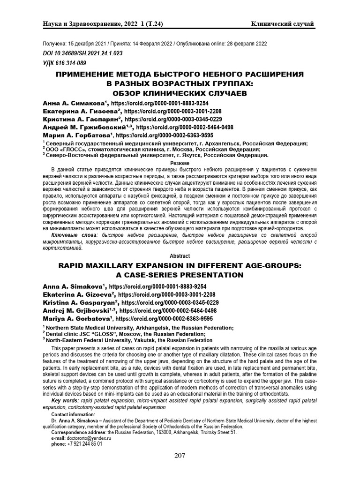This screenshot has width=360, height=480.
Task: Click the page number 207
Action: pos(180,455)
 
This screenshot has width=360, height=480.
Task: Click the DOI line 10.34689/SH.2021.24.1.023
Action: pos(82,53)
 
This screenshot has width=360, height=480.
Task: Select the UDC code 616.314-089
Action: pos(64,63)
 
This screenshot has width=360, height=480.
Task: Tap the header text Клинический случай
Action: pos(283,24)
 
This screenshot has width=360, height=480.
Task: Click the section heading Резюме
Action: pos(180,162)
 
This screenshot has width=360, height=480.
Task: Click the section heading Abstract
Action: pos(180,256)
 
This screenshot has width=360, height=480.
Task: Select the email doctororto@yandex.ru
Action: pos(90,438)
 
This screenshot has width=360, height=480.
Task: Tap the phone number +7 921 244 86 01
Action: pos(84,443)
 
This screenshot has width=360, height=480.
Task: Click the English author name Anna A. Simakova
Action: pos(74,286)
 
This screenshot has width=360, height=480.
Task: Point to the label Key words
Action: pos(65,401)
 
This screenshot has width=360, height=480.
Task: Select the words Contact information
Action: pos(73,414)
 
